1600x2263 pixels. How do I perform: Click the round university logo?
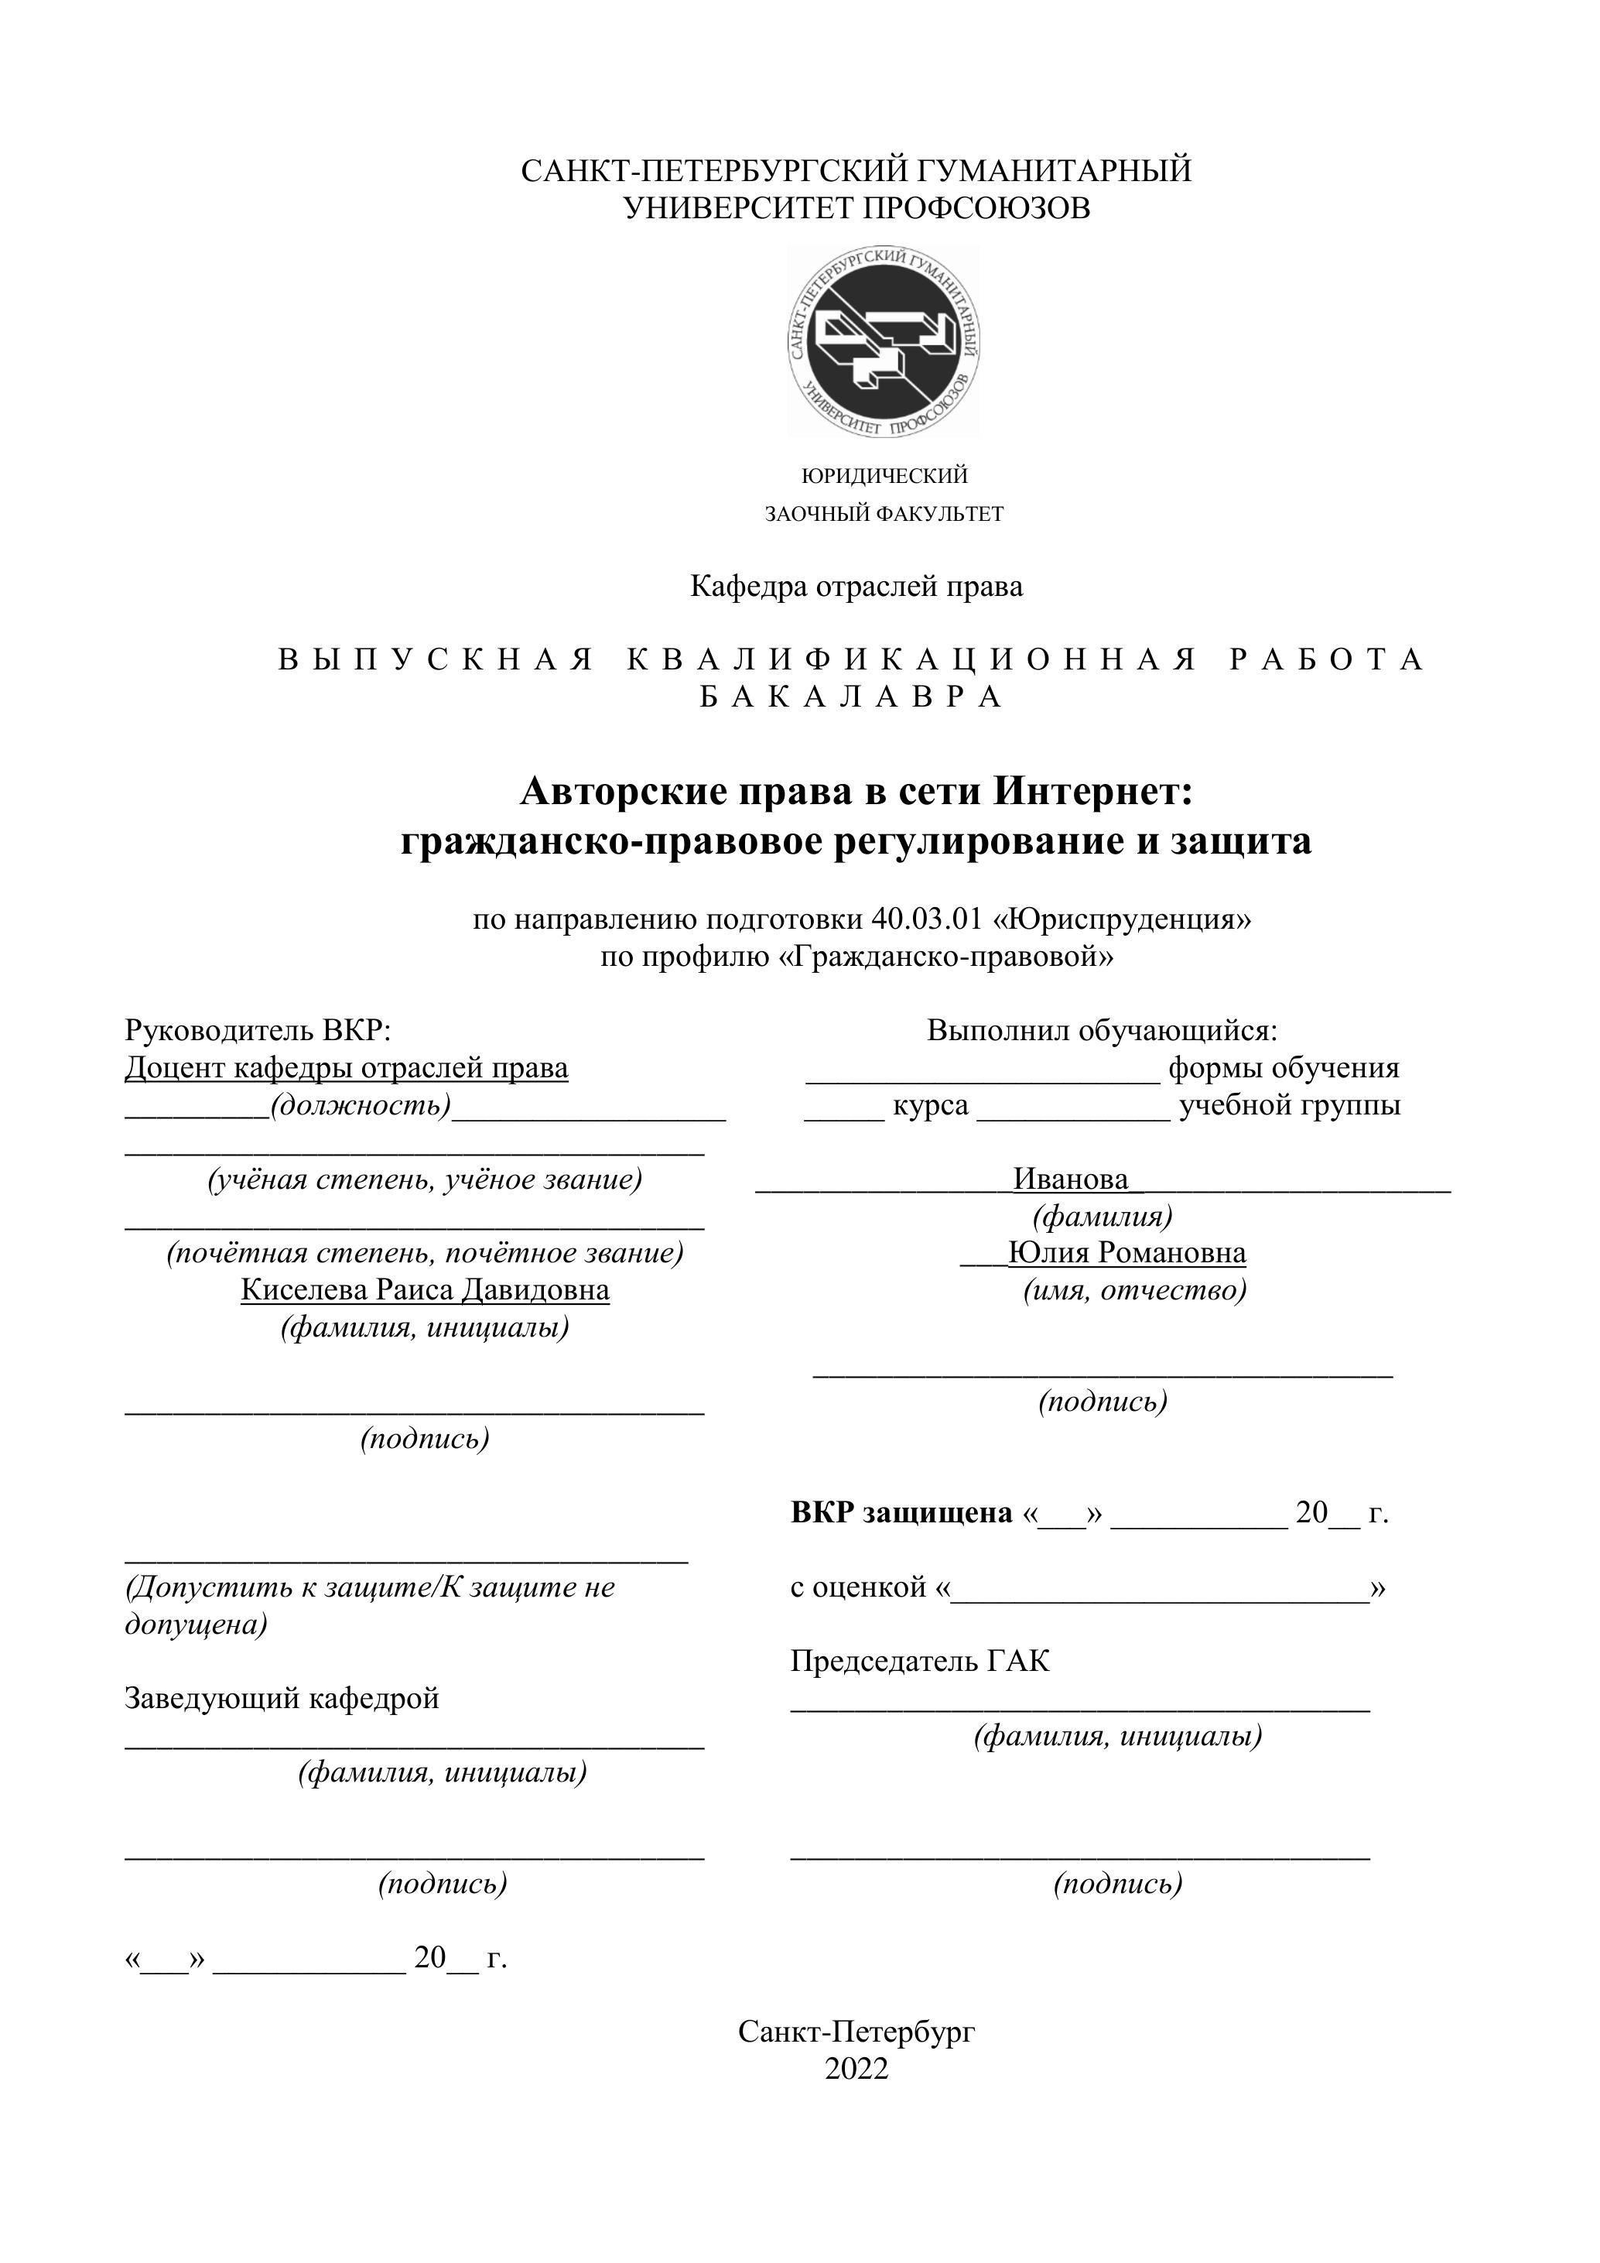tap(883, 341)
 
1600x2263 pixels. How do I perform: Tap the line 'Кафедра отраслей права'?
tap(856, 587)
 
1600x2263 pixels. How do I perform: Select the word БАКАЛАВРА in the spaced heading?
tap(853, 697)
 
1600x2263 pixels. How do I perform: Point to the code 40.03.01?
tap(927, 919)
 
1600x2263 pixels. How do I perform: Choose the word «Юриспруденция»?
tap(1122, 919)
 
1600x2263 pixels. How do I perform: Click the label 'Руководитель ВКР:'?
tap(258, 1030)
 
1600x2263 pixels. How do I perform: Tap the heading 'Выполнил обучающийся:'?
tap(1102, 1030)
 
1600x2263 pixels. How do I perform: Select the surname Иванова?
tap(1071, 1179)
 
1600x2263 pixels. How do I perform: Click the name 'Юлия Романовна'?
tap(1126, 1253)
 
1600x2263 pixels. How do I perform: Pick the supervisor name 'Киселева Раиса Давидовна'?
tap(425, 1290)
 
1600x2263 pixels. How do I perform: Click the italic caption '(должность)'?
tap(361, 1105)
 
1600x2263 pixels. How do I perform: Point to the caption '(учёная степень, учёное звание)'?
tap(425, 1179)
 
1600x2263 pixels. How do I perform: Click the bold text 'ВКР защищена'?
tap(901, 1512)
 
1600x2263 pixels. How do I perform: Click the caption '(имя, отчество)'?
tap(1134, 1290)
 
